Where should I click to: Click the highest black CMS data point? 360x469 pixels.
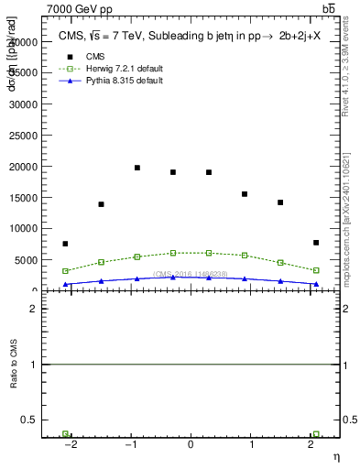click(x=137, y=168)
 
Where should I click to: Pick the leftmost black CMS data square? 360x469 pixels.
click(x=65, y=244)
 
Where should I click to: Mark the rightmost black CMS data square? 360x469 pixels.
click(x=316, y=243)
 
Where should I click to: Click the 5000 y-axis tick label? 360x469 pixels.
click(x=27, y=260)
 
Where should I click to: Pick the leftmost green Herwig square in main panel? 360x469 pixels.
click(x=65, y=271)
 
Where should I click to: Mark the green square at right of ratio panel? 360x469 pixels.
click(x=316, y=434)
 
